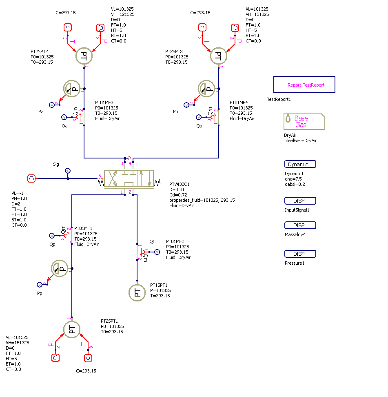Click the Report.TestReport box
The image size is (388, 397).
click(304, 85)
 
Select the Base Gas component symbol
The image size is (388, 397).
click(304, 121)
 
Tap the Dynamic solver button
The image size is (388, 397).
click(300, 164)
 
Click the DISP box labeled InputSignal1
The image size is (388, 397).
click(300, 201)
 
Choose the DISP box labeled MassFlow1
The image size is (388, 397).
click(300, 225)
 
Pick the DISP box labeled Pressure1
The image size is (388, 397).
click(300, 254)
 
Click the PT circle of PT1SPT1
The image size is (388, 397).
click(137, 292)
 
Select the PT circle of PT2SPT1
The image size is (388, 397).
click(72, 330)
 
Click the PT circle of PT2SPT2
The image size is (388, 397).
click(84, 56)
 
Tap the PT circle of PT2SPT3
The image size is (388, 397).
click(219, 56)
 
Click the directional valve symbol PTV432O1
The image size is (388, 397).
click(129, 178)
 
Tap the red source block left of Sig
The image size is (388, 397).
click(31, 178)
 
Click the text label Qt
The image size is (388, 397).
click(152, 242)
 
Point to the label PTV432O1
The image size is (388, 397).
click(179, 184)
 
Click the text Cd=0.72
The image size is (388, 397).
click(178, 195)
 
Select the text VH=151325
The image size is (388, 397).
click(17, 343)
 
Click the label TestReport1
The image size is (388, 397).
click(279, 99)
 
